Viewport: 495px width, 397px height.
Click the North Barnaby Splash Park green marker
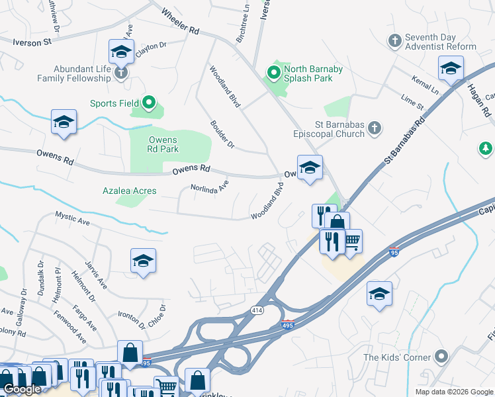click(272, 71)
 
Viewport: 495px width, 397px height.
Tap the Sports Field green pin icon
click(148, 103)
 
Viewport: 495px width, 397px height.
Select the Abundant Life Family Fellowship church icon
click(120, 72)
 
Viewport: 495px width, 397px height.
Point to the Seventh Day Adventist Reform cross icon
click(394, 41)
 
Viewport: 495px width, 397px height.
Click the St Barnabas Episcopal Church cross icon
click(375, 128)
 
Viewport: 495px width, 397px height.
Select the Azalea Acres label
click(129, 191)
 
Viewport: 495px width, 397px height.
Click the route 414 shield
click(256, 310)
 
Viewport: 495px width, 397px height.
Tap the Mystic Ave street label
click(72, 216)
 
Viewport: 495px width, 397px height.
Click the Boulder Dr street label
click(222, 134)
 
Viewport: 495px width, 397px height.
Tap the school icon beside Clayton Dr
click(122, 51)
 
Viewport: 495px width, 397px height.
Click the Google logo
click(22, 390)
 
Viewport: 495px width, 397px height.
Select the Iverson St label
click(32, 42)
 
